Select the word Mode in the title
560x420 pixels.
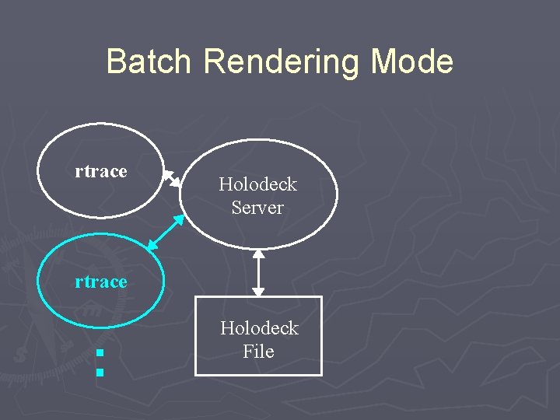click(x=412, y=61)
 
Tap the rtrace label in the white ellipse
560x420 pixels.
click(x=100, y=171)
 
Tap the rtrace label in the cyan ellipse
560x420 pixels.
click(x=100, y=282)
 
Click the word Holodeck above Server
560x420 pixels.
click(x=257, y=184)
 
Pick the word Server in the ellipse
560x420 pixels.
click(x=257, y=208)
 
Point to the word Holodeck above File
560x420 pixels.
click(x=259, y=328)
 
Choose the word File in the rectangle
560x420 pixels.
click(x=258, y=352)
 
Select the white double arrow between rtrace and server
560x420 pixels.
click(x=172, y=178)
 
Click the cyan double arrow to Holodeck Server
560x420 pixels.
click(x=166, y=232)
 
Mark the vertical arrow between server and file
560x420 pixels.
click(x=258, y=273)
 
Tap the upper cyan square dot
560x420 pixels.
click(x=99, y=355)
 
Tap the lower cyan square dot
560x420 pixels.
click(x=99, y=373)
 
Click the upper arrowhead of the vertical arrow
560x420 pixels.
click(x=258, y=254)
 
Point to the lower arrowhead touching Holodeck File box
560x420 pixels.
click(x=258, y=292)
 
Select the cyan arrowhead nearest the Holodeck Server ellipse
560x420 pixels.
click(x=179, y=219)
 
